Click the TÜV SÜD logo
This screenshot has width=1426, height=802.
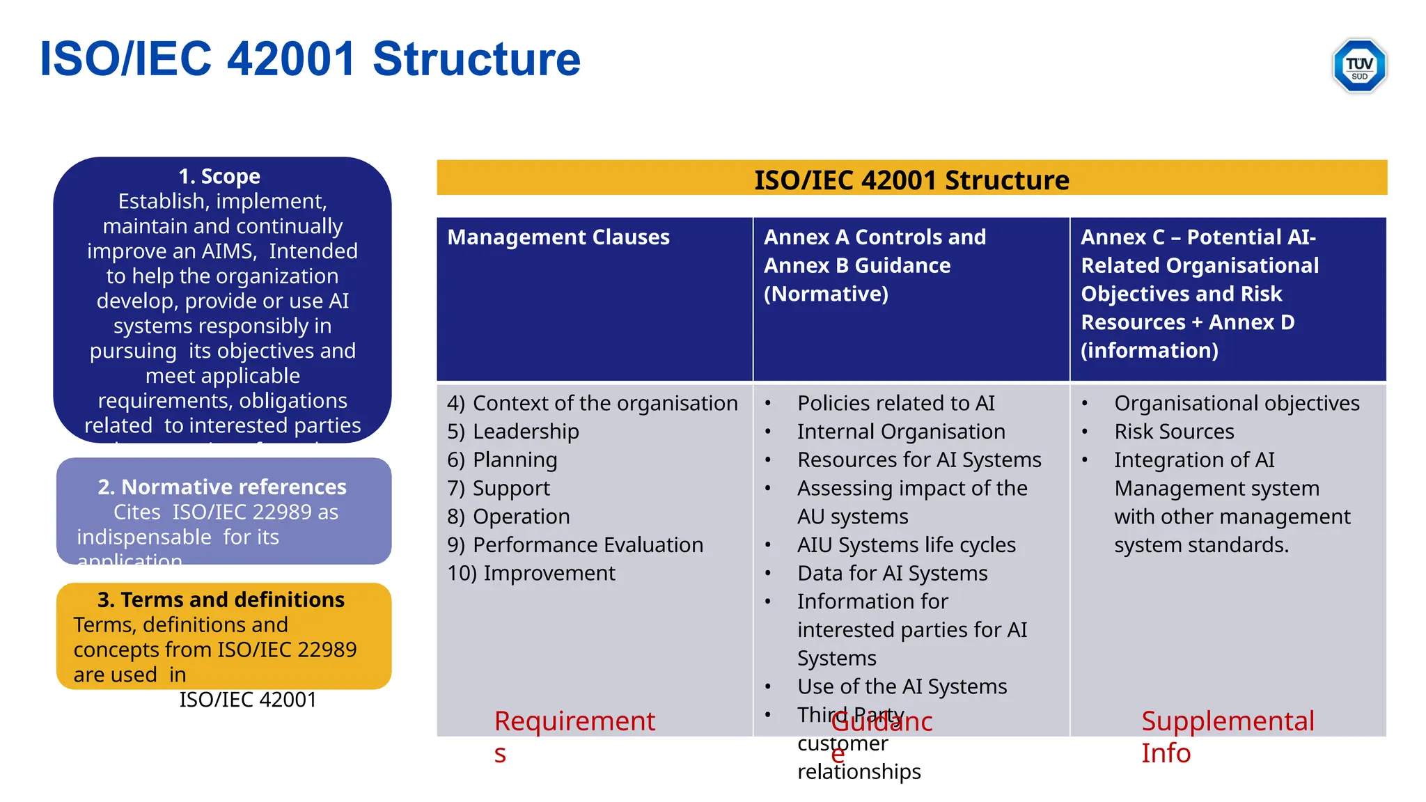click(x=1358, y=65)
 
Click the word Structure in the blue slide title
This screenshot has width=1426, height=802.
click(x=476, y=59)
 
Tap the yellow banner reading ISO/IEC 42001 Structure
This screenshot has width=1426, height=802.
click(x=911, y=179)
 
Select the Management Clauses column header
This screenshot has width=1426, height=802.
click(x=558, y=237)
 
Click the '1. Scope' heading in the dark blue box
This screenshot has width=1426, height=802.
click(x=219, y=176)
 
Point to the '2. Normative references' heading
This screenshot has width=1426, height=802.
click(x=222, y=487)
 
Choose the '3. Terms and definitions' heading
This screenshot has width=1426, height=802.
click(x=221, y=599)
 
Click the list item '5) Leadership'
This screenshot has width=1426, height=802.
click(x=512, y=432)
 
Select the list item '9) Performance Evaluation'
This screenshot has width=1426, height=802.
click(x=575, y=545)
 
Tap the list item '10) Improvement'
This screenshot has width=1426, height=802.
click(x=531, y=574)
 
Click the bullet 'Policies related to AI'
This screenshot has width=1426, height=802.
click(x=895, y=403)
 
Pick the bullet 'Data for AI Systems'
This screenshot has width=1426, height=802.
click(x=892, y=574)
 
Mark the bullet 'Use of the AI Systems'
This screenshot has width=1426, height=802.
click(x=902, y=687)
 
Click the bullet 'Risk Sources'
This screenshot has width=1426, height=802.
click(x=1174, y=432)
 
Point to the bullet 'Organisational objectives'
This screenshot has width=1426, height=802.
click(x=1237, y=403)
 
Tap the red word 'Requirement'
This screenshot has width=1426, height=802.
click(x=574, y=721)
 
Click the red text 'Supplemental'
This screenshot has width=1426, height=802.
click(x=1228, y=721)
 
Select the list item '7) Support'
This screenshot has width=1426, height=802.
click(x=499, y=489)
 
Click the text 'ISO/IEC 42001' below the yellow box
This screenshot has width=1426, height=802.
click(x=248, y=700)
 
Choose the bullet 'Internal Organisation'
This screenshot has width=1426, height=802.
click(x=901, y=432)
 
